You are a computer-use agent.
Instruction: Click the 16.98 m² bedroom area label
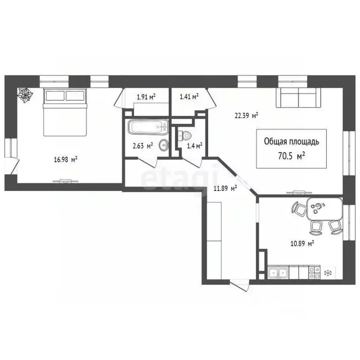click(66, 159)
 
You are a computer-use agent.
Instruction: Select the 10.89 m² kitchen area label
click(301, 243)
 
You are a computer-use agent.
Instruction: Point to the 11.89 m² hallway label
click(225, 188)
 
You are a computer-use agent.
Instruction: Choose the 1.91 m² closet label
click(146, 97)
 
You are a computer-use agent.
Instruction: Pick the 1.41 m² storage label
click(189, 97)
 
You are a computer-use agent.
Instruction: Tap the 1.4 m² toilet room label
click(195, 146)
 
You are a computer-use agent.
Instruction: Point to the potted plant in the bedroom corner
click(24, 95)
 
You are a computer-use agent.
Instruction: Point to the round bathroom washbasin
click(163, 144)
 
